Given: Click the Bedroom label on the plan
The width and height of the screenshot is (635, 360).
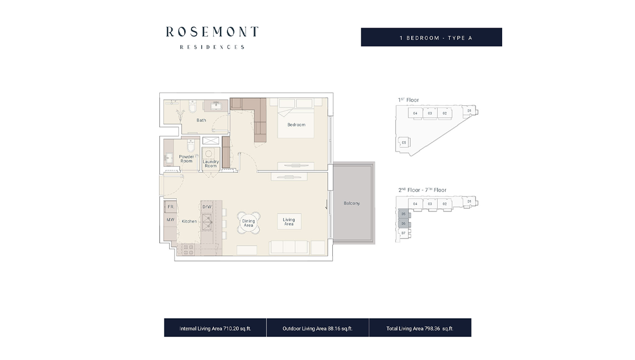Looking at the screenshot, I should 296,125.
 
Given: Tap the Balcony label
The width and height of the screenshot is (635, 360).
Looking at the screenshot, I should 351,203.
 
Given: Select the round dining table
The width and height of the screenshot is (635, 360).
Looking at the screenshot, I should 248,222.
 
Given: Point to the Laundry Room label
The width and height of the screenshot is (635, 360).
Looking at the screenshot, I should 211,164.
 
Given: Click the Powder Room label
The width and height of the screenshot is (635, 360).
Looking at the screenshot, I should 186,159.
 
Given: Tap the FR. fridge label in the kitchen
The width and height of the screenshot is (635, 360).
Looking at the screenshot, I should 171,207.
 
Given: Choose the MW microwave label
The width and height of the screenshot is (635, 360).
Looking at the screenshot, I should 170,220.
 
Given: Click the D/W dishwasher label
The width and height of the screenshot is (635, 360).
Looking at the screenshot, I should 207,207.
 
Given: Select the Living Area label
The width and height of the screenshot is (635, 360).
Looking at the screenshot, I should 288,221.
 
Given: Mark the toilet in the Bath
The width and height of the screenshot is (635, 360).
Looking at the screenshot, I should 193,109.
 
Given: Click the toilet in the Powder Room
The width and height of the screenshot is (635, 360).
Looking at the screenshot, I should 192,146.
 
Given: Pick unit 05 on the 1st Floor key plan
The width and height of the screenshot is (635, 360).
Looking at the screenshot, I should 404,142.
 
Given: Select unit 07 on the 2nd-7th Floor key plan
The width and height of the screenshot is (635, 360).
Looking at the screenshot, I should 403,233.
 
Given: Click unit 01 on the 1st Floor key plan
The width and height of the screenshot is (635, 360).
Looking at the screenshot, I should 469,111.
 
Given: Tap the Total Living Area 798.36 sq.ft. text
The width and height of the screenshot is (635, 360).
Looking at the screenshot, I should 420,328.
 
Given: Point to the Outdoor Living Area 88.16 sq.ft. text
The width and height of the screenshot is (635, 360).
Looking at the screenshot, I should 317,328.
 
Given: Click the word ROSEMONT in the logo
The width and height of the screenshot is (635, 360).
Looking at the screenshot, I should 212,32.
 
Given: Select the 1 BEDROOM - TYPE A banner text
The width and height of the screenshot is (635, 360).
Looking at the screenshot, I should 431,38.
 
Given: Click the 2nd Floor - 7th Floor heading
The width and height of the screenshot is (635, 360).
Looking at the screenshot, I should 422,190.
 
